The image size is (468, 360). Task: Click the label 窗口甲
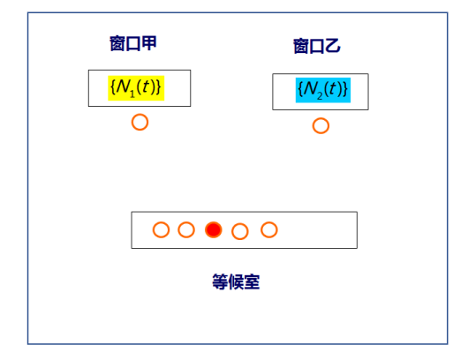click(x=133, y=43)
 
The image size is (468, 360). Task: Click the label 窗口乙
click(x=317, y=46)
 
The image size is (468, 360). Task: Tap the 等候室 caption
click(x=236, y=281)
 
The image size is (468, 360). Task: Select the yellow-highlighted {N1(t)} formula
click(x=136, y=88)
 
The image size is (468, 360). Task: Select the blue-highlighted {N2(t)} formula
click(x=323, y=90)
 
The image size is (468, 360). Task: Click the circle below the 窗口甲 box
click(x=140, y=116)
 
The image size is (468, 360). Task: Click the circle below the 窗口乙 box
click(x=321, y=119)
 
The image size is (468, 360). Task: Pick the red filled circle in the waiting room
click(x=214, y=230)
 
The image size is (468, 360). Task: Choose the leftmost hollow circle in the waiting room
click(x=162, y=223)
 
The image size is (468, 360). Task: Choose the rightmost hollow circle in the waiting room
click(x=269, y=223)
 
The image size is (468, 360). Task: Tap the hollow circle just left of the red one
click(x=186, y=223)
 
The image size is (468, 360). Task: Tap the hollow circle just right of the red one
click(x=240, y=225)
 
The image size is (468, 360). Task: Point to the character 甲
click(x=149, y=43)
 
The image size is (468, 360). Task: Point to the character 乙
click(x=333, y=46)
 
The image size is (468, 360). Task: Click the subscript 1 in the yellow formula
click(x=132, y=94)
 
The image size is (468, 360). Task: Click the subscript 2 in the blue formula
click(x=320, y=96)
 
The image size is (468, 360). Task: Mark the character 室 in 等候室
click(x=253, y=281)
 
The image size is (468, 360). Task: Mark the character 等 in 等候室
click(x=220, y=281)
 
